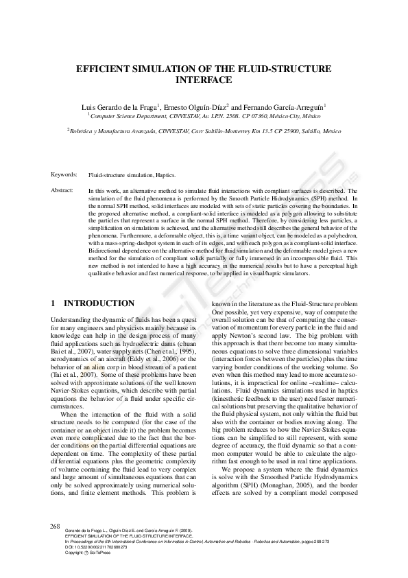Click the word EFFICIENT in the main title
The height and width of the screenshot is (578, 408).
104,69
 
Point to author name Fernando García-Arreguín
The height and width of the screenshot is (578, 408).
285,107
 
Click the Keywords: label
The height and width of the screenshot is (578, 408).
64,176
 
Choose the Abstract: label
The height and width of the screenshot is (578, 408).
62,189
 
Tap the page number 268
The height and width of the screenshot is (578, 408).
56,526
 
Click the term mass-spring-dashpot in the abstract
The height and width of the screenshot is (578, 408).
136,242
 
